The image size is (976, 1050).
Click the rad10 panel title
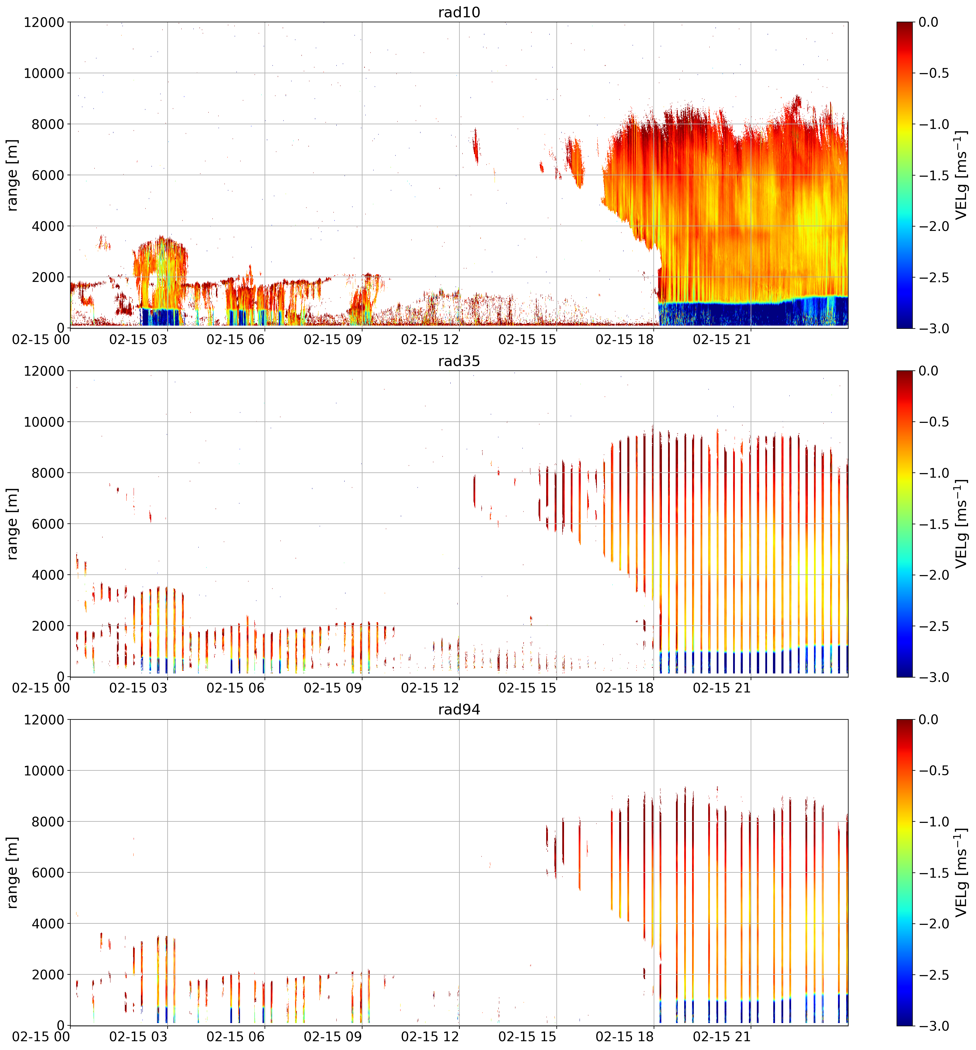pyautogui.click(x=459, y=12)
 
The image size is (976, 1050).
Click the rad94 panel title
pyautogui.click(x=459, y=709)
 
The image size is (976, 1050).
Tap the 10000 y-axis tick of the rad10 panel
pyautogui.click(x=44, y=73)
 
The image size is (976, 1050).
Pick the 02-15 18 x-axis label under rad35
pyautogui.click(x=625, y=688)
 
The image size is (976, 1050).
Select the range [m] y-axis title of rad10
pyautogui.click(x=12, y=175)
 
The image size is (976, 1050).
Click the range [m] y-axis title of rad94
pyautogui.click(x=12, y=872)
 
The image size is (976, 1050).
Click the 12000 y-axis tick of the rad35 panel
pyautogui.click(x=44, y=371)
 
